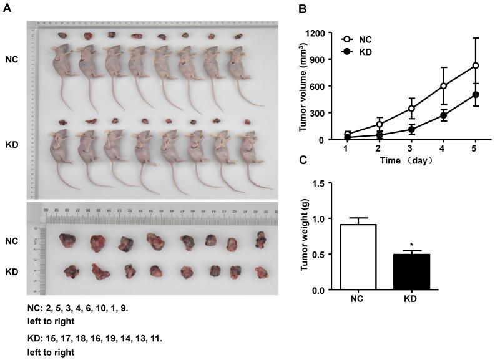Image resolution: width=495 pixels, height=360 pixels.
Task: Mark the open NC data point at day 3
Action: [x=412, y=109]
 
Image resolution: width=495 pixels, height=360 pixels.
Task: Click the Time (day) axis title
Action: [x=411, y=160]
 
